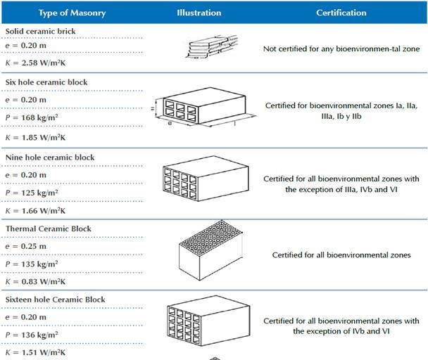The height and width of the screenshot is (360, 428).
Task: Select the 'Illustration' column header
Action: point(199,13)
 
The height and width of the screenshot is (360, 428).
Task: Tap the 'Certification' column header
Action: point(341,13)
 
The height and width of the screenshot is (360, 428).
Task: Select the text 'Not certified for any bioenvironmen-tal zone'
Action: point(341,49)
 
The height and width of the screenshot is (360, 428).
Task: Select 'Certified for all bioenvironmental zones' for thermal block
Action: point(341,255)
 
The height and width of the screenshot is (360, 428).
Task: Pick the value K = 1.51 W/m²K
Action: point(36,352)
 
